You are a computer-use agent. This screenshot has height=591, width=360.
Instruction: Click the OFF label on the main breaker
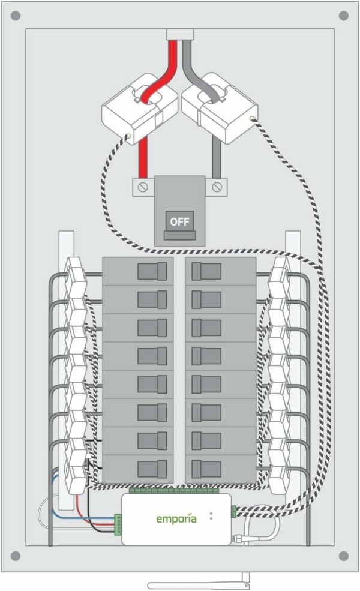click(x=179, y=221)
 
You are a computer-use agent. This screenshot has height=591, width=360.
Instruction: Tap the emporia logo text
click(x=176, y=518)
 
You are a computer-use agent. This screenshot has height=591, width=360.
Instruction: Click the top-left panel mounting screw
click(x=16, y=16)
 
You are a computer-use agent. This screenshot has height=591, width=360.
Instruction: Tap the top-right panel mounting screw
click(x=344, y=16)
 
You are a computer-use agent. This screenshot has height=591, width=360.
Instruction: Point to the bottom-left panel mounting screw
click(x=16, y=556)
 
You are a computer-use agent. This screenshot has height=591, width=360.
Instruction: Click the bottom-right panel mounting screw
click(x=344, y=556)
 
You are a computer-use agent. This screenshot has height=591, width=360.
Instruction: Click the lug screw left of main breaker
click(x=143, y=187)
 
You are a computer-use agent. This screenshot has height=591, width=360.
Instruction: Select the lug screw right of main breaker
click(x=217, y=187)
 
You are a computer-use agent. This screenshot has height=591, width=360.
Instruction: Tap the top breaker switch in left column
click(x=152, y=272)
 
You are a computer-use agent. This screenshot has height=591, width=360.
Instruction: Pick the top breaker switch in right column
click(x=206, y=272)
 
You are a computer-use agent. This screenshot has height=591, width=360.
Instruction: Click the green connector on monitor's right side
click(x=233, y=511)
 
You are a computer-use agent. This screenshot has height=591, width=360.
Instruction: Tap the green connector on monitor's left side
click(x=118, y=523)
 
